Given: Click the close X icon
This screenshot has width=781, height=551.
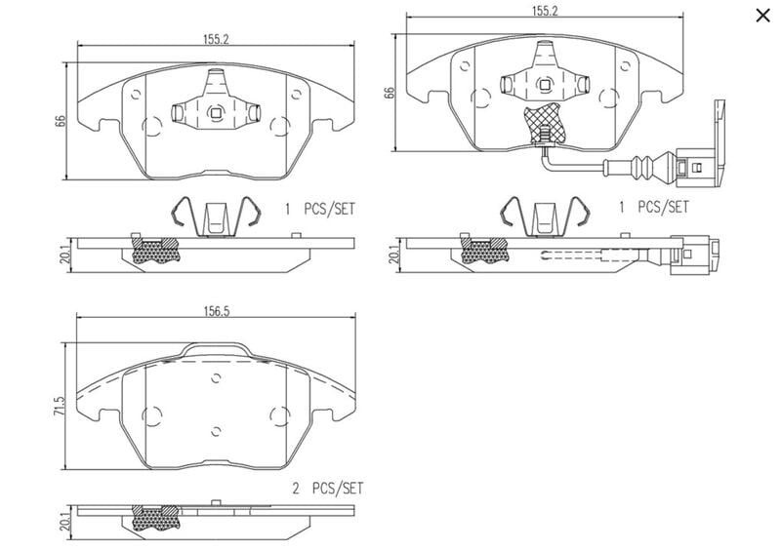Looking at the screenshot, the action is pyautogui.click(x=762, y=16).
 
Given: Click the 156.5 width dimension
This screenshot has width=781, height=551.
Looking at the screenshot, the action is pyautogui.click(x=216, y=312).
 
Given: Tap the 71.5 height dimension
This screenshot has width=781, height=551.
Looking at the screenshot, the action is pyautogui.click(x=60, y=406).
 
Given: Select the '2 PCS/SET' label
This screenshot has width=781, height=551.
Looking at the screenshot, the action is pyautogui.click(x=328, y=489).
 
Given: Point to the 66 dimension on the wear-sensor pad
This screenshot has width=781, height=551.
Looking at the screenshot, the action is pyautogui.click(x=390, y=92).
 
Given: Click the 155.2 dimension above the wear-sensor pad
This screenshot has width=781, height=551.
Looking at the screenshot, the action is pyautogui.click(x=545, y=11).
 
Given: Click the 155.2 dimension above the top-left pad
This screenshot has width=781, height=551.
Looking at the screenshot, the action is pyautogui.click(x=216, y=40).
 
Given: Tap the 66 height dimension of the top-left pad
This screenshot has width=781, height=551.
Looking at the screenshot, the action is pyautogui.click(x=61, y=121).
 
